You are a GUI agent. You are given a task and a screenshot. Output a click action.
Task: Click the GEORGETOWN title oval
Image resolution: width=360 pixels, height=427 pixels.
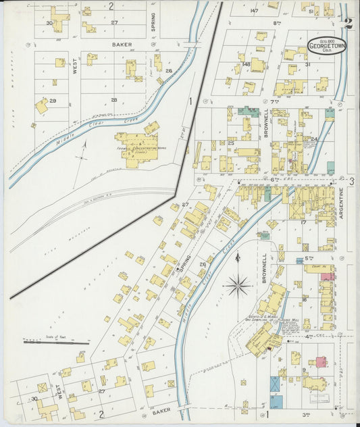(325, 45)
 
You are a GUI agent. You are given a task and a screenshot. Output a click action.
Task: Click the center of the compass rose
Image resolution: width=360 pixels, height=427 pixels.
(238, 286)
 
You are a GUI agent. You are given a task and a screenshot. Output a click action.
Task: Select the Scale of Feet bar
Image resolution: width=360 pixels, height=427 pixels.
(55, 343)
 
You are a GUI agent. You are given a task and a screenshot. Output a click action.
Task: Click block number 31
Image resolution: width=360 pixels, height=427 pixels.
(307, 65)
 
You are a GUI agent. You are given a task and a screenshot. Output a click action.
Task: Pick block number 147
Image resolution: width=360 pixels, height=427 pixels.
(254, 11)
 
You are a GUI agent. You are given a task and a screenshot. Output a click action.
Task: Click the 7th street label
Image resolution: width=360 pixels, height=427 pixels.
(275, 101)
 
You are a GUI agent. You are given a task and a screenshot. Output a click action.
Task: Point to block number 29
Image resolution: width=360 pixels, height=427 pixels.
(52, 100)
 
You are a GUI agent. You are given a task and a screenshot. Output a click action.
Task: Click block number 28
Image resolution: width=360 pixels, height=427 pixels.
(113, 100)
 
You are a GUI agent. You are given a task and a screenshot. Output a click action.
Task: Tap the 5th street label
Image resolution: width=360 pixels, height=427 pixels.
(309, 258)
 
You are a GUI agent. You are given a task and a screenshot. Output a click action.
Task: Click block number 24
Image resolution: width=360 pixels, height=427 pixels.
(314, 139)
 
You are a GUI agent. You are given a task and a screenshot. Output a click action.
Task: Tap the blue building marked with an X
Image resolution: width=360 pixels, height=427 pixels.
(275, 383)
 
